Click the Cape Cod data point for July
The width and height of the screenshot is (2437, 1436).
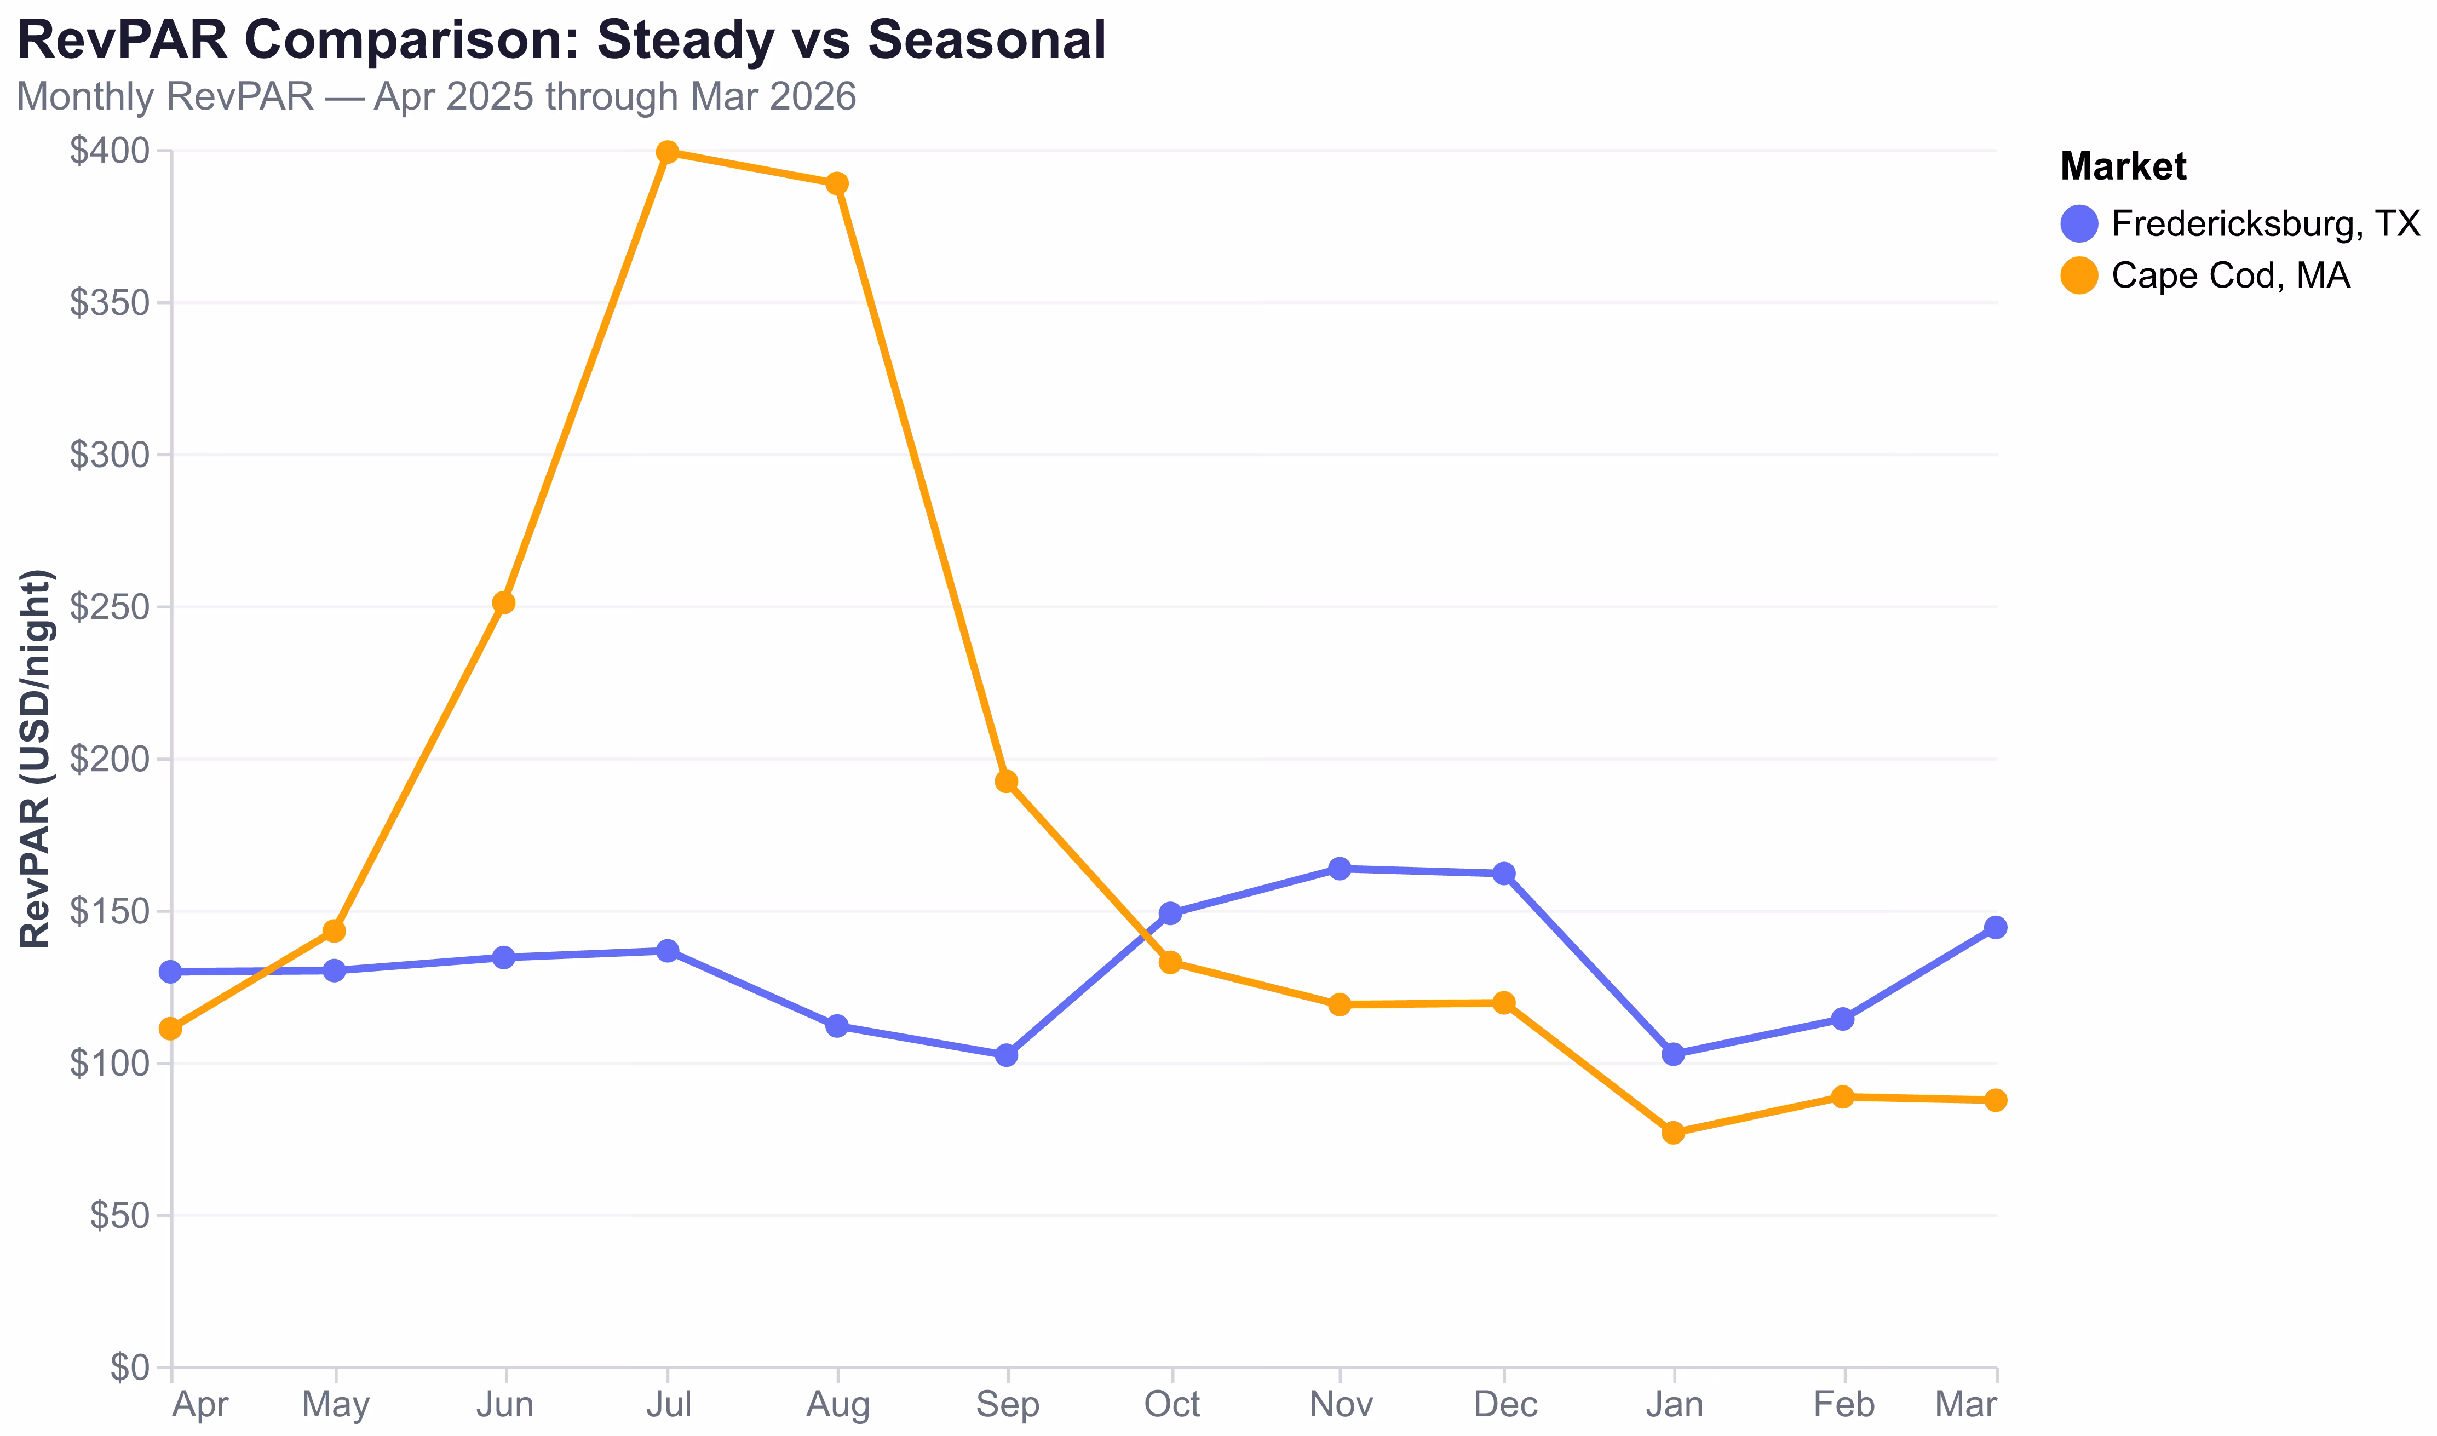point(668,153)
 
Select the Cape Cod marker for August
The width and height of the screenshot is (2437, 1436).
point(837,184)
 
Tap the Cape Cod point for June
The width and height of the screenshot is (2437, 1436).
point(503,603)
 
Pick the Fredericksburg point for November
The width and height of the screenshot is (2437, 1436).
point(1339,869)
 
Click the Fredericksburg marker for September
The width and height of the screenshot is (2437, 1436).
point(1006,1055)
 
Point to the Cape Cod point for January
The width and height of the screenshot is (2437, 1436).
point(1672,1132)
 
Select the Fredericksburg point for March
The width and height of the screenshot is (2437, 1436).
point(1995,927)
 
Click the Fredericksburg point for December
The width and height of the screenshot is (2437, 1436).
point(1503,874)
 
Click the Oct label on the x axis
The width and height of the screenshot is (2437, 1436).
point(1171,1404)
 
